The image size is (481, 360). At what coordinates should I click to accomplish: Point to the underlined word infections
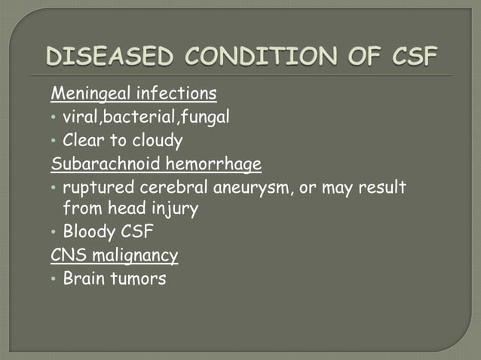point(180,94)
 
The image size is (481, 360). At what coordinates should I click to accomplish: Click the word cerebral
point(173,186)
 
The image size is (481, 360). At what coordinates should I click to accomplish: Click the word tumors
point(140,278)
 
